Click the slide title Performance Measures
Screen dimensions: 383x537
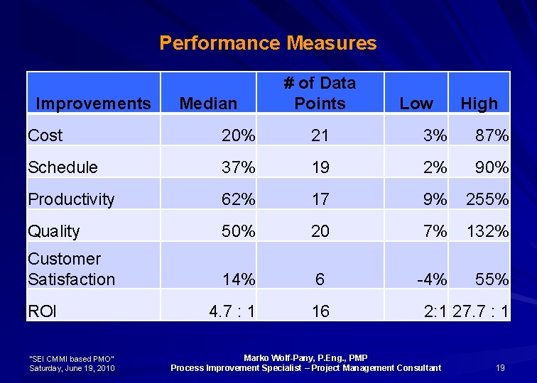[268, 43]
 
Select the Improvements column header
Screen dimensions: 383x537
[93, 104]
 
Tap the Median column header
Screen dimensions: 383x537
[208, 104]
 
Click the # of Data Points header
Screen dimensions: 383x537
[320, 93]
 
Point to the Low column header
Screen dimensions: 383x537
[416, 104]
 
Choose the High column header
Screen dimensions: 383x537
[479, 104]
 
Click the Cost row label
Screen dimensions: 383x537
[45, 135]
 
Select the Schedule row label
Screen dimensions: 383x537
[63, 167]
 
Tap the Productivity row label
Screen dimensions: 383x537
[71, 199]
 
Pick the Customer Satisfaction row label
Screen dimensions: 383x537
[71, 270]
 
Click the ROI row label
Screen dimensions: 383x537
[42, 311]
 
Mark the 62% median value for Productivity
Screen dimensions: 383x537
[238, 199]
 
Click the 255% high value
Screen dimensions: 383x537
[487, 199]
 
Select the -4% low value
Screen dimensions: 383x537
[431, 279]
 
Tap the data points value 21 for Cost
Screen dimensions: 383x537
[320, 135]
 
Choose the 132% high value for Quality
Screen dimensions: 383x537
[487, 231]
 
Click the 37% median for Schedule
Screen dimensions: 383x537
[238, 167]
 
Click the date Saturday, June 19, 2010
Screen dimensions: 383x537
[72, 367]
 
